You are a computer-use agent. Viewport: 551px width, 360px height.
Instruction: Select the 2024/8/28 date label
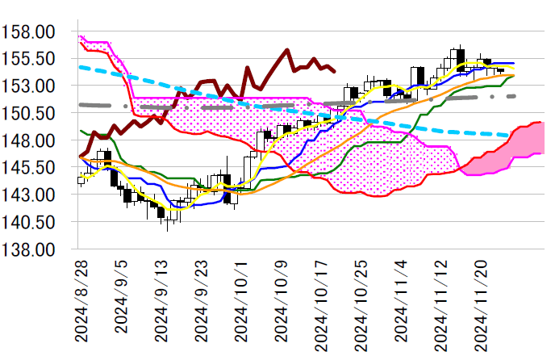(81, 305)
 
